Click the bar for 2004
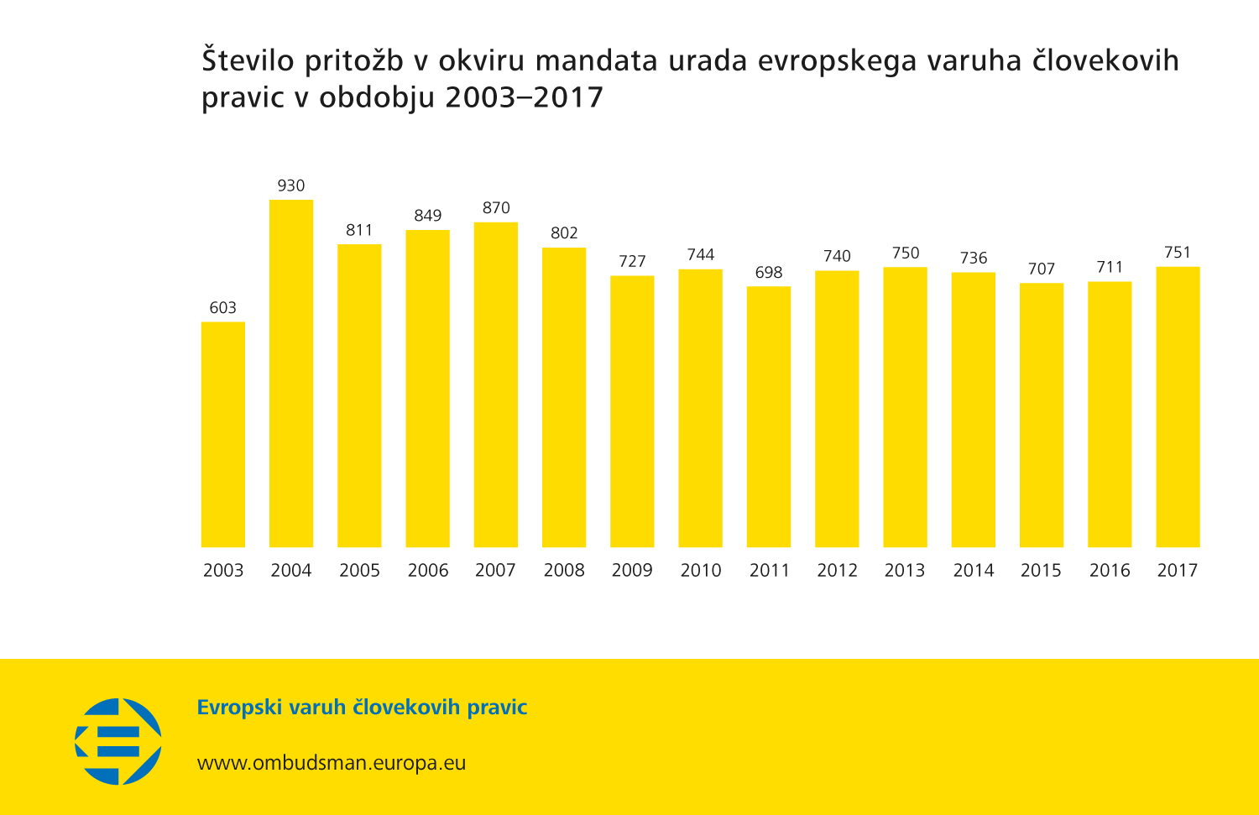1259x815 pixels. (x=291, y=374)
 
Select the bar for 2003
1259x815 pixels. (x=223, y=435)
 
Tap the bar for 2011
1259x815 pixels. (x=769, y=417)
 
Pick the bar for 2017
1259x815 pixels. (x=1178, y=407)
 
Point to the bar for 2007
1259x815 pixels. (x=496, y=384)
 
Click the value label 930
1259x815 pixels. (x=291, y=185)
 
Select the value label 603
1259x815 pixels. (x=223, y=308)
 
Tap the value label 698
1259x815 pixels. (x=769, y=273)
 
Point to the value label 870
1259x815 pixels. (x=496, y=208)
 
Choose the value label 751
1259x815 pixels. (x=1178, y=253)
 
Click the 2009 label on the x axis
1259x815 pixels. (x=632, y=571)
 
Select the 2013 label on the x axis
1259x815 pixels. (x=905, y=571)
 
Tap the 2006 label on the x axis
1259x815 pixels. (x=428, y=571)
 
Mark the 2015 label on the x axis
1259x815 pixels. (x=1041, y=571)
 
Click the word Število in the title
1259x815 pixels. (x=248, y=60)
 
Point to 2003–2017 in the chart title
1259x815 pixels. (x=524, y=97)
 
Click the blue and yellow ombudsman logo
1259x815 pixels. (x=118, y=742)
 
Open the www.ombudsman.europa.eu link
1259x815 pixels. (x=332, y=763)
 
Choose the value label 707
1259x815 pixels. (x=1042, y=269)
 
